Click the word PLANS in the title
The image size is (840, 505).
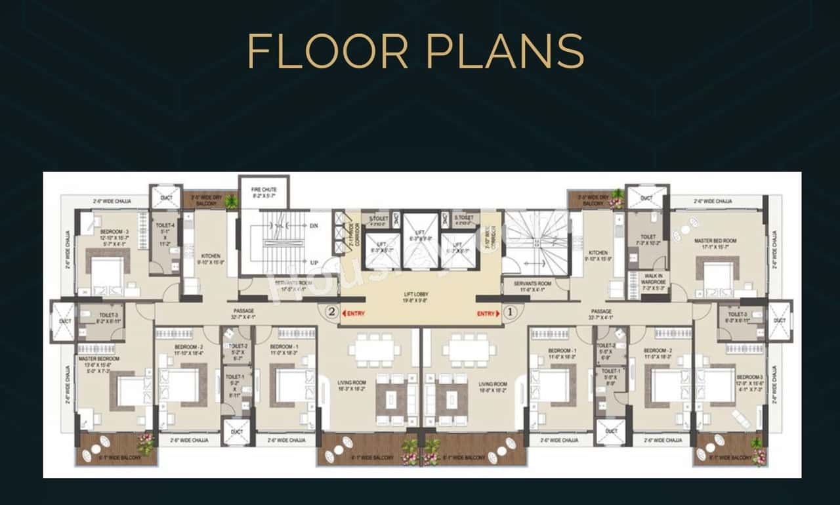[505, 51]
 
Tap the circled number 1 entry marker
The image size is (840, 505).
[510, 313]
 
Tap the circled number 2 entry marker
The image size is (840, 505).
[332, 313]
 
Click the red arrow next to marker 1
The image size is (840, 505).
[498, 314]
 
